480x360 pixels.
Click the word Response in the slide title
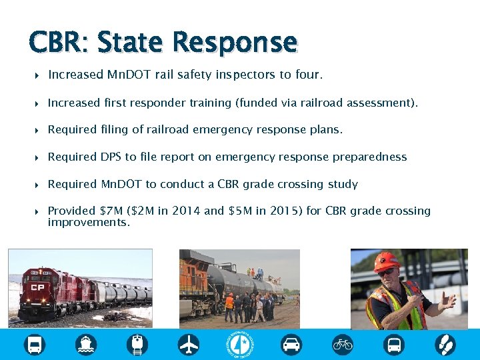point(235,43)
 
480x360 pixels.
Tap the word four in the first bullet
point(307,75)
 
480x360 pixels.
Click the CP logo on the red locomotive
point(36,289)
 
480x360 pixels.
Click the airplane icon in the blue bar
point(189,345)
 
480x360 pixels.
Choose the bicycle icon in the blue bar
point(343,345)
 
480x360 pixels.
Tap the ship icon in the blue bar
point(86,345)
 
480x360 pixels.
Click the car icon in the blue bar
point(291,345)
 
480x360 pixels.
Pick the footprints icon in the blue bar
point(445,345)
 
